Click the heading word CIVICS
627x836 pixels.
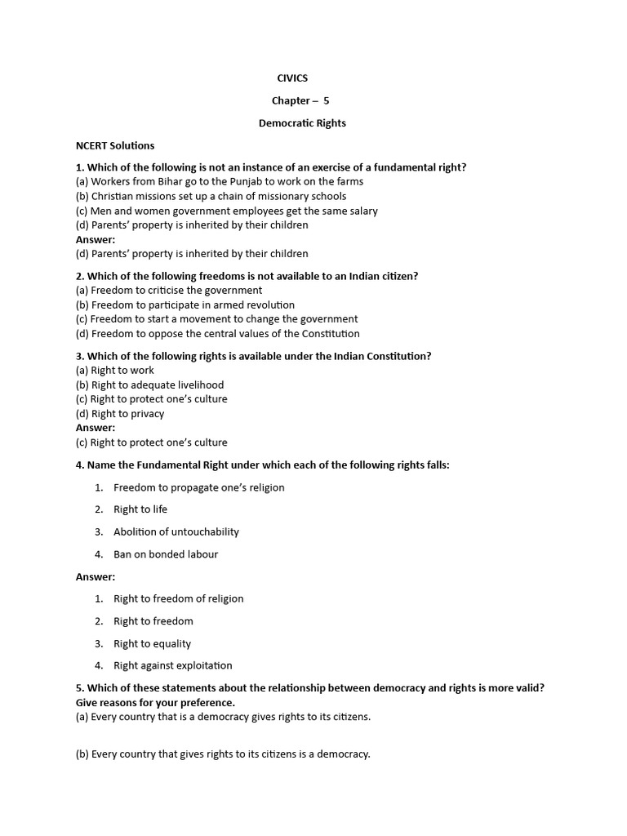pos(292,78)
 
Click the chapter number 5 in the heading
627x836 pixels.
pos(327,100)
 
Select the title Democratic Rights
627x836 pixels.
pos(302,123)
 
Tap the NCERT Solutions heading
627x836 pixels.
pos(115,145)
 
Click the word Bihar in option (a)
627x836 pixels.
pos(185,181)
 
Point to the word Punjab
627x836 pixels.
pos(255,181)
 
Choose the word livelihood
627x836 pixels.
pos(195,385)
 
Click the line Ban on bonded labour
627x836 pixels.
pos(166,554)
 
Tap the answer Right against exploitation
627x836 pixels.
pos(172,665)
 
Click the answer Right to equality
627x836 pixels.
pos(152,643)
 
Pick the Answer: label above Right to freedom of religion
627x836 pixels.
pos(96,576)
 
